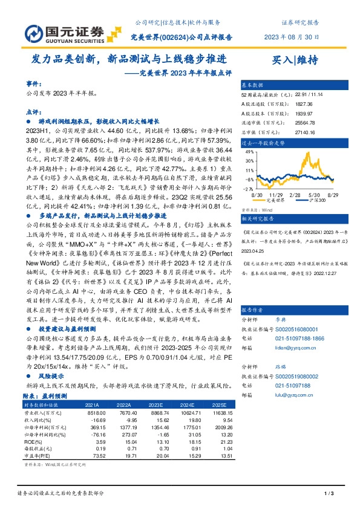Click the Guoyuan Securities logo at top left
pyautogui.click(x=59, y=31)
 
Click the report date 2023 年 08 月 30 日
pyautogui.click(x=291, y=36)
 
